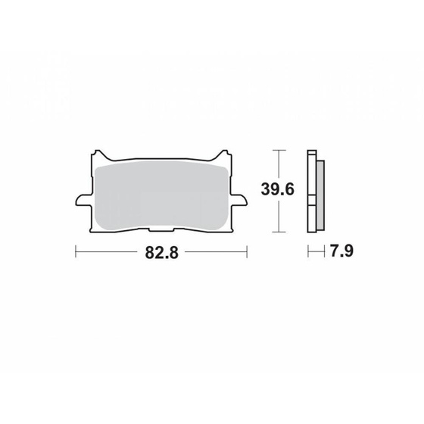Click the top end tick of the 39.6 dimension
pyautogui.click(x=281, y=149)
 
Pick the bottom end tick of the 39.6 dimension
pyautogui.click(x=281, y=230)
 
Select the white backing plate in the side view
pyautogui.click(x=311, y=189)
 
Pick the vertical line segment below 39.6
pyautogui.click(x=281, y=217)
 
